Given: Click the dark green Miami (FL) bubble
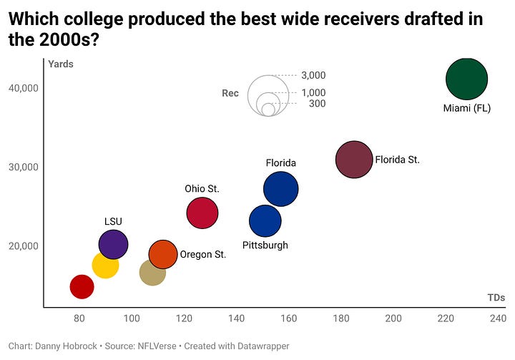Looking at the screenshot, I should [466, 79].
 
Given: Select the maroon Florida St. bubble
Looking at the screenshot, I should [354, 160].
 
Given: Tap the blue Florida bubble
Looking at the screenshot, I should [280, 189].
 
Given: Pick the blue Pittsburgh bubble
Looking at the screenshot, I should [265, 220].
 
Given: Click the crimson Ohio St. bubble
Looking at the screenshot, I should [202, 213].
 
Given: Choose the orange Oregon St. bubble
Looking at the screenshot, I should [163, 254].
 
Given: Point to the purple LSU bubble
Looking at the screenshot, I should [113, 244].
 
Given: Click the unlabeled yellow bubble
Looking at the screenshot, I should [105, 266].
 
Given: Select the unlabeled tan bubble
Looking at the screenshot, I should [152, 273].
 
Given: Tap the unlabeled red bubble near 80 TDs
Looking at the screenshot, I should [82, 287].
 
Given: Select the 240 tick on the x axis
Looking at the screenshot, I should [498, 317].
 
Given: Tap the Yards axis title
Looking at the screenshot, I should [61, 64].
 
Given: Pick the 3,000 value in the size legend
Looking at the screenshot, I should [313, 75].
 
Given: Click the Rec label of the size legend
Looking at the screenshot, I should [230, 93].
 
